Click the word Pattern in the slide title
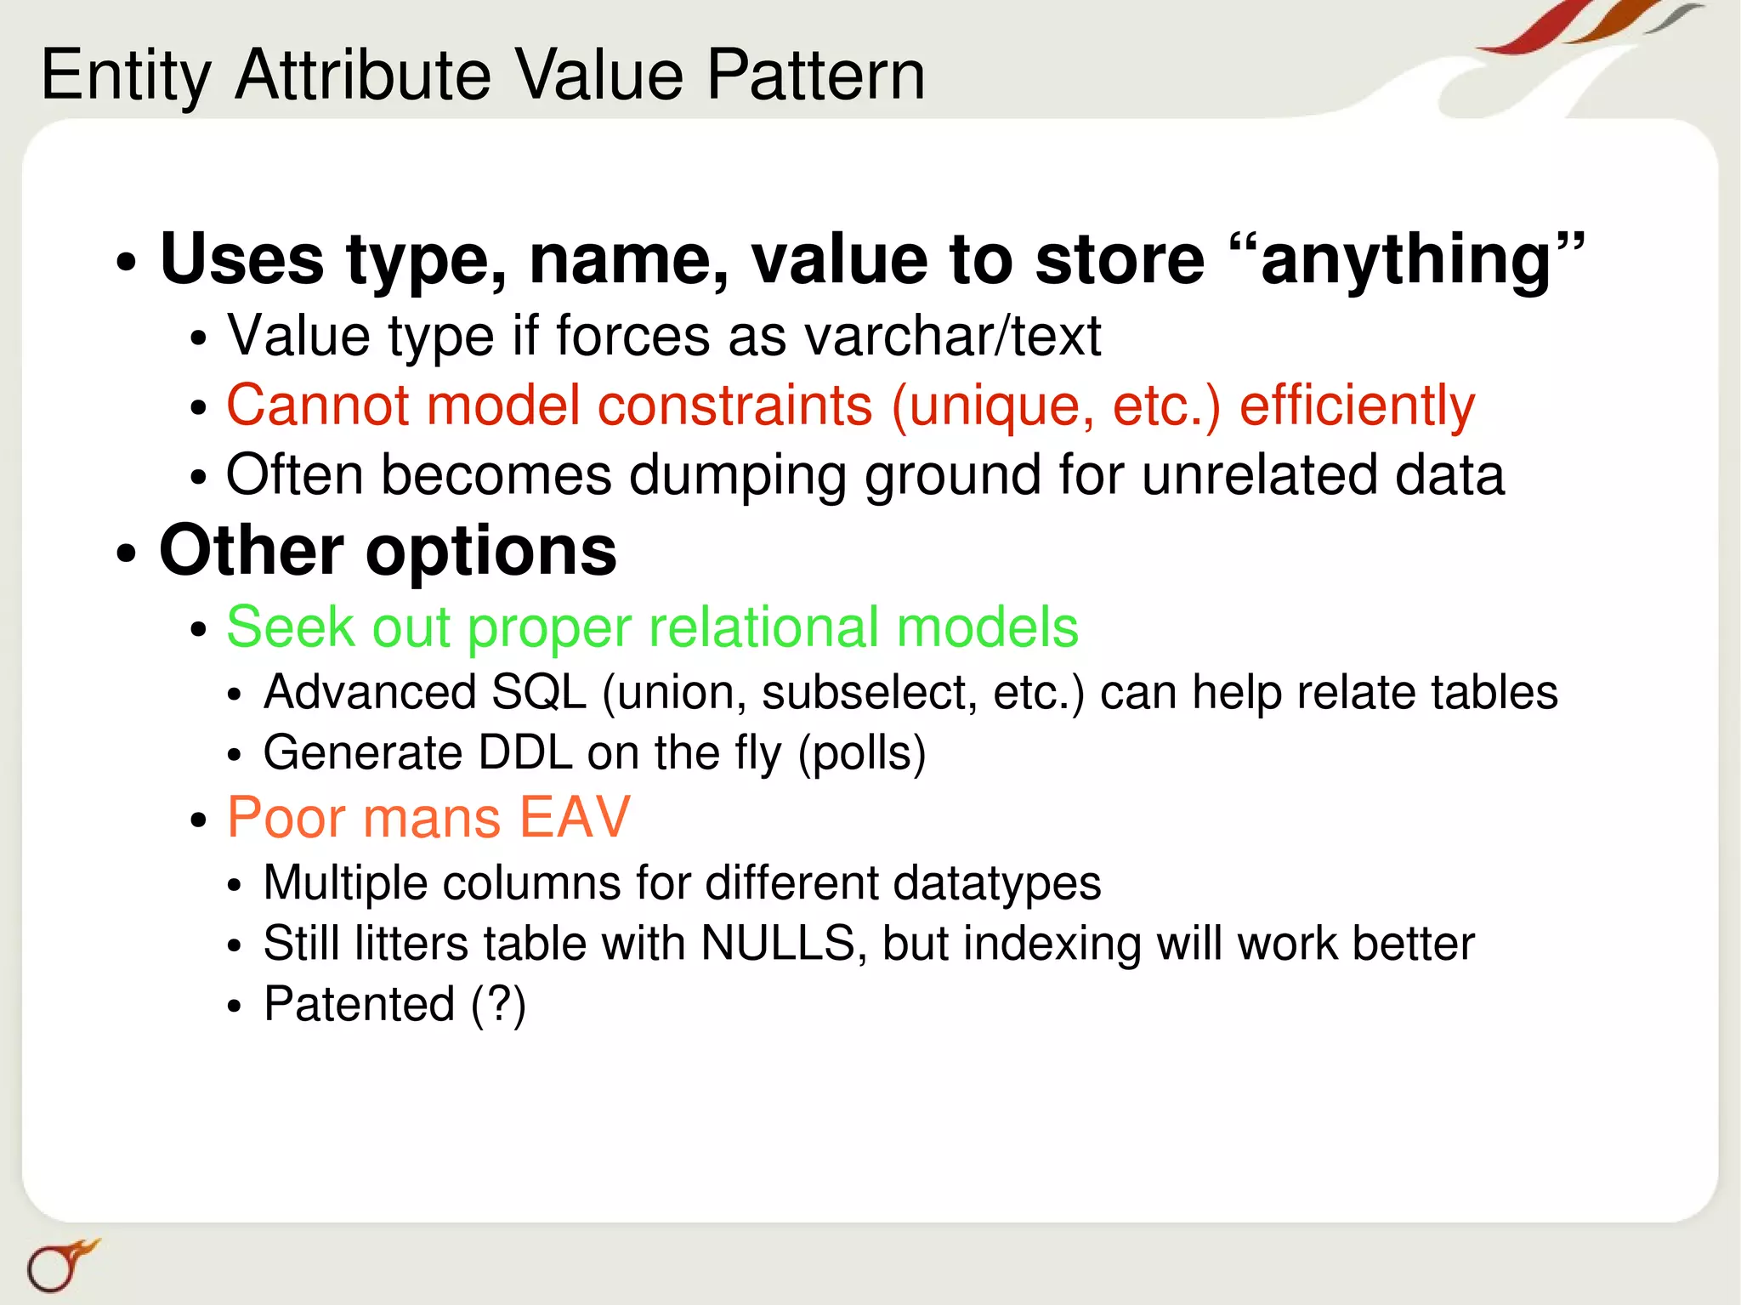coord(815,75)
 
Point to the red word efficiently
coord(1357,406)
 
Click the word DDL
coord(525,753)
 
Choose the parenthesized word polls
coord(861,754)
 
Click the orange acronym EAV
coord(574,818)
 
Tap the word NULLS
coord(777,944)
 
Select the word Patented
coord(360,1004)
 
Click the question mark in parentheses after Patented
coord(498,1005)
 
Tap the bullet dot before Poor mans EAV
coord(199,820)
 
